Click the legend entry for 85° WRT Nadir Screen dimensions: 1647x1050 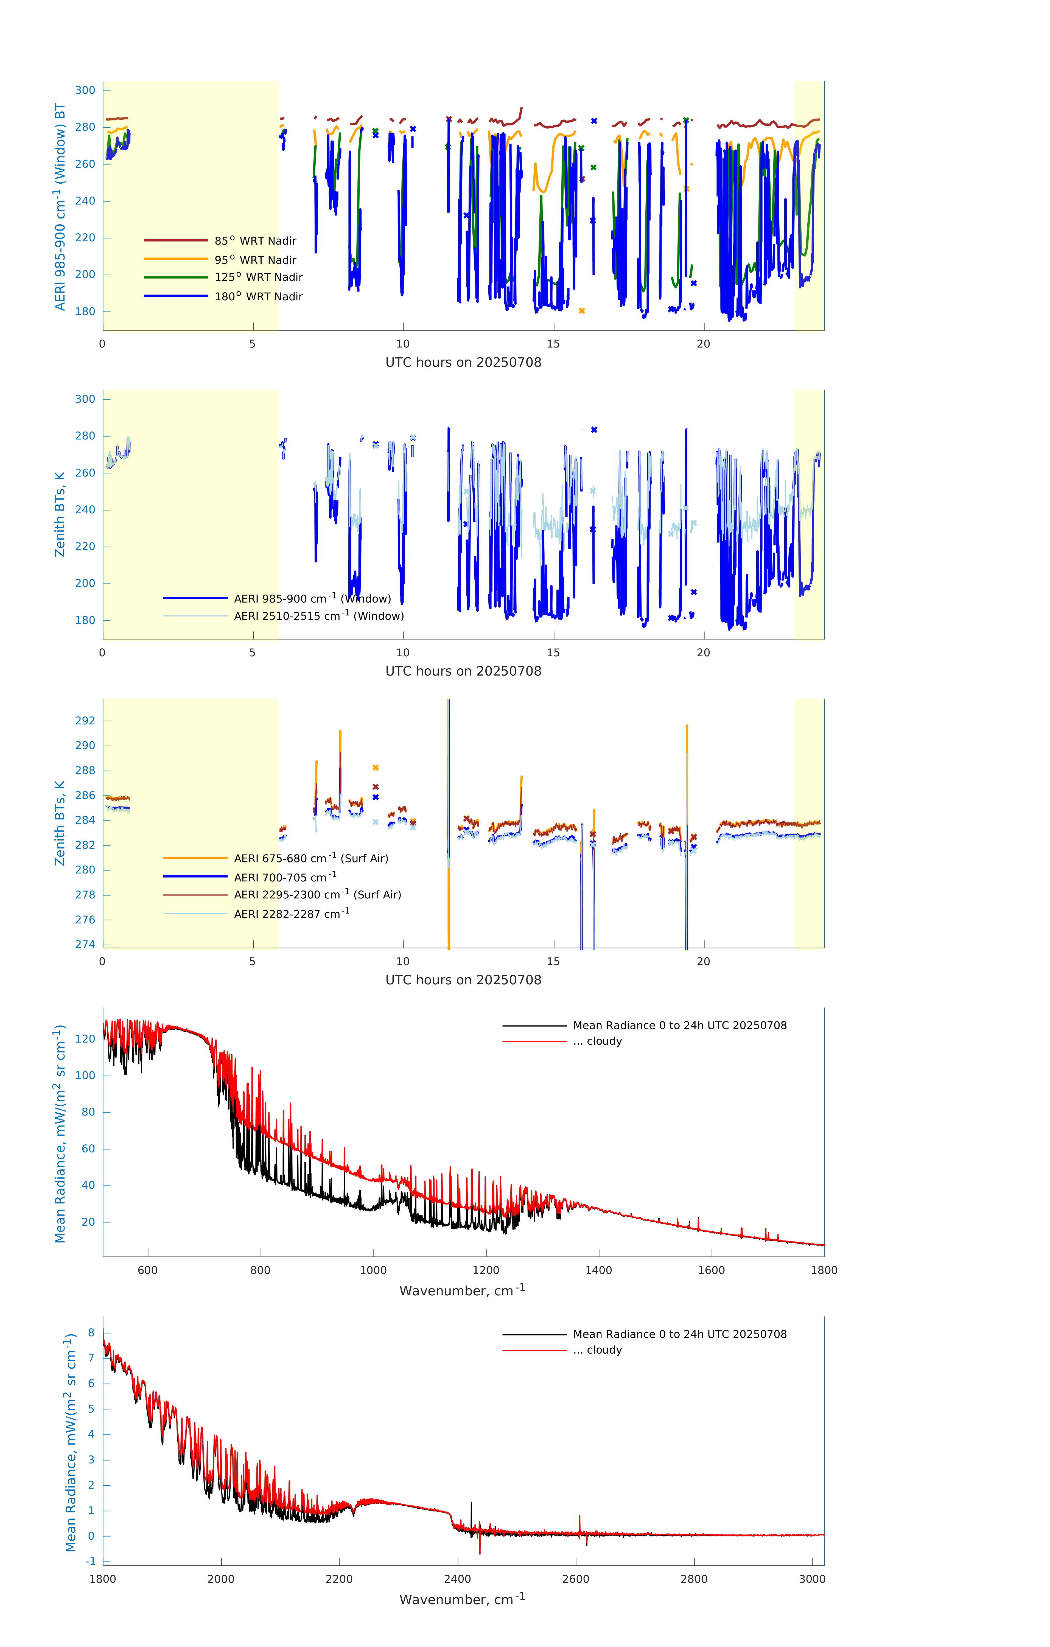point(255,241)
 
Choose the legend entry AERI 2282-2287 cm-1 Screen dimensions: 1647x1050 point(292,914)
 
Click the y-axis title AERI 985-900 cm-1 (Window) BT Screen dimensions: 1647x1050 point(60,206)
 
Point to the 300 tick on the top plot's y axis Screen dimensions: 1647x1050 point(85,90)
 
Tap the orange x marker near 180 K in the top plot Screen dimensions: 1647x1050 point(581,311)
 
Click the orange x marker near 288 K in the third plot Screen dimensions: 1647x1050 point(376,768)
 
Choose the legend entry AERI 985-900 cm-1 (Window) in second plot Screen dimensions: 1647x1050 point(312,598)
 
